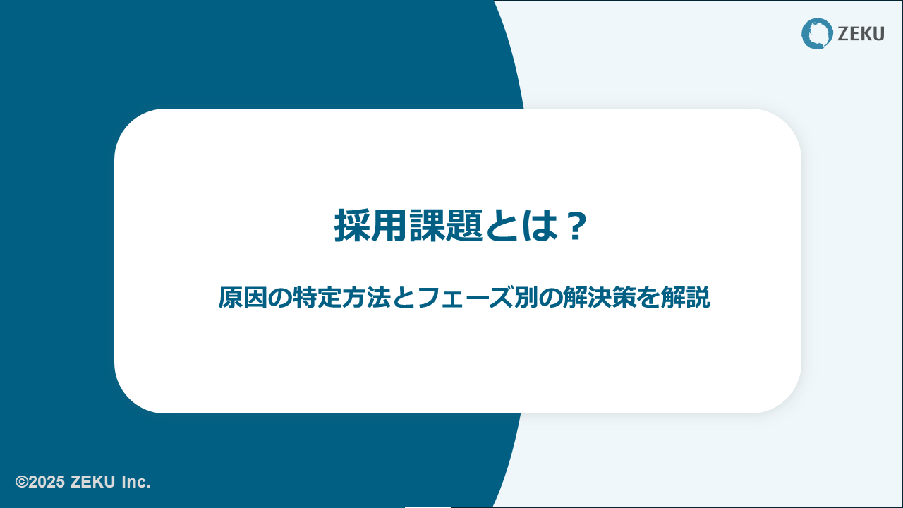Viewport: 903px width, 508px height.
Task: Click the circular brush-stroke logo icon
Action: [x=817, y=33]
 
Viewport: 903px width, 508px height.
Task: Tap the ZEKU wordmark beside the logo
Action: [x=861, y=34]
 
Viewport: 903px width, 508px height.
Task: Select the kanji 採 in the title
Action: [x=352, y=226]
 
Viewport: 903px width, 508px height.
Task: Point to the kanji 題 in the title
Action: [x=464, y=226]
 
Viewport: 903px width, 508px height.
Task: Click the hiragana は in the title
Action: [x=540, y=226]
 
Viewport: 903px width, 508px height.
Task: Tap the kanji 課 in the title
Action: [x=428, y=226]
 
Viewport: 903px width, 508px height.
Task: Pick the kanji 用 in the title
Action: [x=389, y=226]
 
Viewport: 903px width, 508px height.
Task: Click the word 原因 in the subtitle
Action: [x=243, y=298]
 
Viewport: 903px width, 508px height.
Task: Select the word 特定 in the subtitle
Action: [x=317, y=298]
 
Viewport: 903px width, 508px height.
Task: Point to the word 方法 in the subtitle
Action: [x=366, y=298]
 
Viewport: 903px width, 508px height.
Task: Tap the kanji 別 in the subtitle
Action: [x=526, y=298]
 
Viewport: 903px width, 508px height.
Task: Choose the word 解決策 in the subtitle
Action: [x=600, y=298]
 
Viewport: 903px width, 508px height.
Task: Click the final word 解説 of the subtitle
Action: [x=685, y=298]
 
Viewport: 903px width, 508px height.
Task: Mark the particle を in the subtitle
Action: [x=648, y=298]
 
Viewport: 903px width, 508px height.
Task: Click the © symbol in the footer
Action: [x=22, y=482]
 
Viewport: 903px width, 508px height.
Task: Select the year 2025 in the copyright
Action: [x=47, y=482]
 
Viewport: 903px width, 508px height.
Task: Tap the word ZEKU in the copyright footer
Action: [x=92, y=482]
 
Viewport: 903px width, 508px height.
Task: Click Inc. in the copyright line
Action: [x=136, y=482]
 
